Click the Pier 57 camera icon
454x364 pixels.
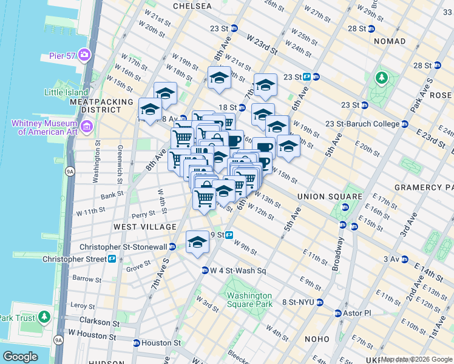(x=84, y=55)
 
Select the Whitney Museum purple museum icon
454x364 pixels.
(x=86, y=127)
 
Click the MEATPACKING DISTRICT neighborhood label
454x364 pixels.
(x=101, y=106)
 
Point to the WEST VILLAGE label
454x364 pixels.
(x=144, y=226)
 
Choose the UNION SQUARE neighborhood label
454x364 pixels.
(x=321, y=197)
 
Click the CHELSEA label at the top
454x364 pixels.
(x=192, y=6)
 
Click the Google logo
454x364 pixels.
(x=21, y=356)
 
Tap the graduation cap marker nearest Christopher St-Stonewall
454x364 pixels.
(x=197, y=241)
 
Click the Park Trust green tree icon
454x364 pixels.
(x=44, y=317)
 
